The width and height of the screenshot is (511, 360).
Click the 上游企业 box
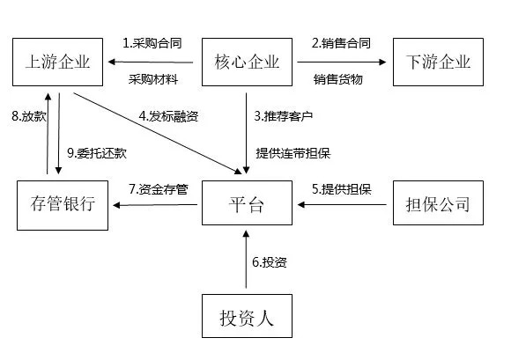coord(60,62)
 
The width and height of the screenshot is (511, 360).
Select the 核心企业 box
coord(247,62)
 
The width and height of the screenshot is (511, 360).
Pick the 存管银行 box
coord(60,206)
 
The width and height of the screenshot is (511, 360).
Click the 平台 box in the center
coord(247,206)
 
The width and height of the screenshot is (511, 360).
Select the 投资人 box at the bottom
coord(247,317)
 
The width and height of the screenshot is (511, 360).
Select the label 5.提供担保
coord(341,187)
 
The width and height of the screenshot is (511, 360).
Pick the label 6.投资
coord(269,261)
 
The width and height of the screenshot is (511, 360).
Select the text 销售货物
coord(340,79)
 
